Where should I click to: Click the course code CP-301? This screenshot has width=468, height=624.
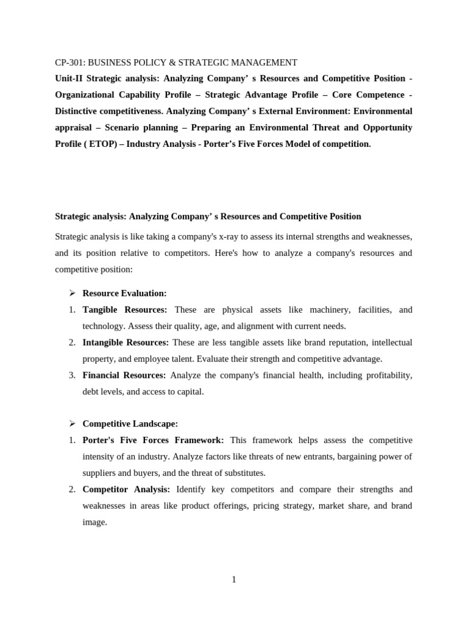click(70, 62)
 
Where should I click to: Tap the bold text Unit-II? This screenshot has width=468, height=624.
click(69, 79)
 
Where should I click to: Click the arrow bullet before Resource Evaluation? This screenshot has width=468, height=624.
click(71, 293)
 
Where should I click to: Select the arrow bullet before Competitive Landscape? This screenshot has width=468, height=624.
click(71, 424)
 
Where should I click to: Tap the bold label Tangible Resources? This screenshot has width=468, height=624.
click(124, 310)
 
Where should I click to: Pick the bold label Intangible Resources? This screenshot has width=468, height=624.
click(126, 342)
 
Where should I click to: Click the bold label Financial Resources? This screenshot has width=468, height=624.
click(124, 375)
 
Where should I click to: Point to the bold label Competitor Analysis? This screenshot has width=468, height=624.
click(126, 489)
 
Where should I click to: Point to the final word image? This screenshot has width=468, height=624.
click(94, 522)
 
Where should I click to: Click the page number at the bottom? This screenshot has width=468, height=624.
click(233, 580)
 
